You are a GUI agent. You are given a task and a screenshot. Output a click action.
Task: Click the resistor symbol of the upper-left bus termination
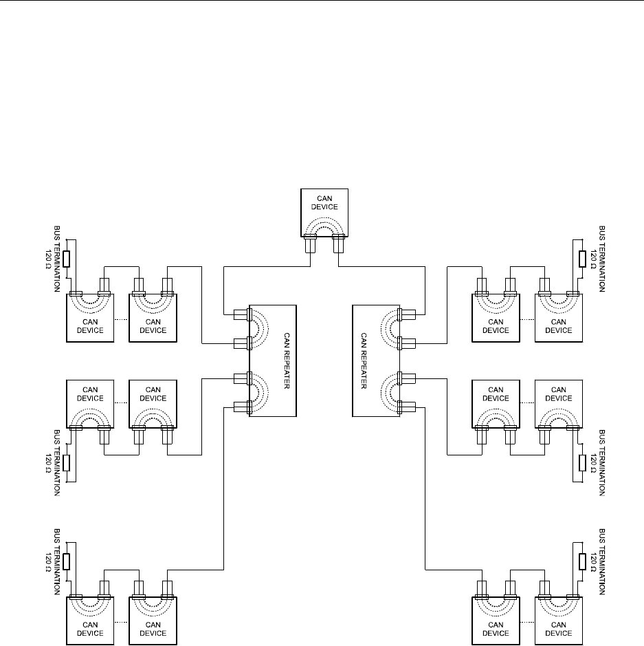tap(66, 259)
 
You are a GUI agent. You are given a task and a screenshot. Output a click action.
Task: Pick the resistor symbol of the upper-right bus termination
tap(581, 259)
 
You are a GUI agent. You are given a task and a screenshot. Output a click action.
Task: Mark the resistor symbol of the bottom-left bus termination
tap(66, 561)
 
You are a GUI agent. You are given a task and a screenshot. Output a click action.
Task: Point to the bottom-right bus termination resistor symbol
tap(581, 561)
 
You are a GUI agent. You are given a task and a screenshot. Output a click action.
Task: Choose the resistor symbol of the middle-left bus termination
tap(66, 462)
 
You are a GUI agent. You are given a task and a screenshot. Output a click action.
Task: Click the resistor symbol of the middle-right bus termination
tap(581, 462)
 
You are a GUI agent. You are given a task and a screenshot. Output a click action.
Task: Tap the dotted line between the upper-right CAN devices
tap(526, 321)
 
